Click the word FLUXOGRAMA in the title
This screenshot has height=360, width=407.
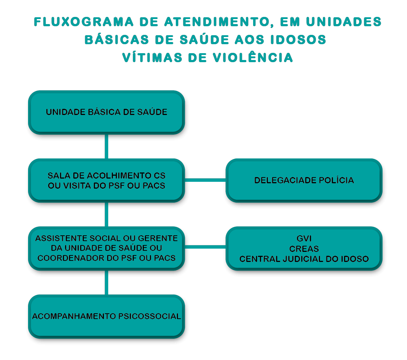83,22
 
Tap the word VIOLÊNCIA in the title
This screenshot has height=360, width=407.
253,57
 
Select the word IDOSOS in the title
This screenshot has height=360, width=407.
298,40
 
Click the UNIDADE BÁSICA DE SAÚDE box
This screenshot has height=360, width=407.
106,112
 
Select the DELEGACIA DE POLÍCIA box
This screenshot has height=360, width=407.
304,180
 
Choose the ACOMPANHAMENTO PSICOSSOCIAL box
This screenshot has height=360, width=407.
106,317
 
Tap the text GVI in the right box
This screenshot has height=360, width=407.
304,238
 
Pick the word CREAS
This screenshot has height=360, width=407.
304,249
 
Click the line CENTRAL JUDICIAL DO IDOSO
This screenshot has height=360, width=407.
304,259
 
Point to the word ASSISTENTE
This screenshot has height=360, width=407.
61,238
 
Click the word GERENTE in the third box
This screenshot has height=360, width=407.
158,238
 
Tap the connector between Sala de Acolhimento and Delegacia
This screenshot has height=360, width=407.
205,180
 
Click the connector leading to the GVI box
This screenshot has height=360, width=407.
205,247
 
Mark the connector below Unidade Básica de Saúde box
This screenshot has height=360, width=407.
106,147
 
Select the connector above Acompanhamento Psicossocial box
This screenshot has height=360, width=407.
106,282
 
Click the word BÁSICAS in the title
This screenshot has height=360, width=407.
117,40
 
